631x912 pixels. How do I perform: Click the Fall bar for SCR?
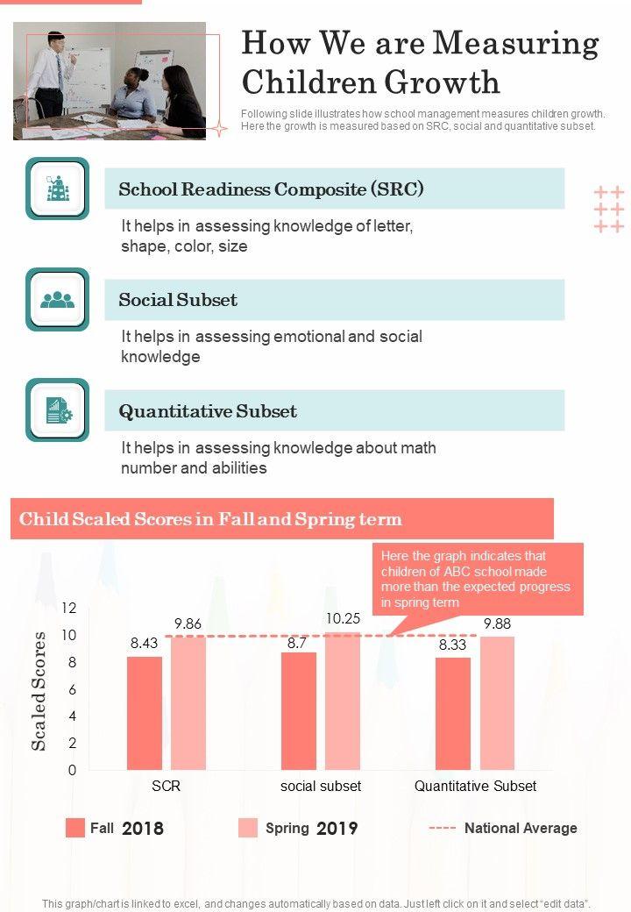pos(145,713)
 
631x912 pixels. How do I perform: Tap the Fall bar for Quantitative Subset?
pos(453,713)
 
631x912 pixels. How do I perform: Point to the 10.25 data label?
pos(343,618)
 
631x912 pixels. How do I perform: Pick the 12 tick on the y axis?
pos(69,608)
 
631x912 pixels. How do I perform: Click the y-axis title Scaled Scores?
pos(39,690)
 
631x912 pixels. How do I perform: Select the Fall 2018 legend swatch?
pos(75,828)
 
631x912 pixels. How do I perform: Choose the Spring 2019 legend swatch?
pos(248,828)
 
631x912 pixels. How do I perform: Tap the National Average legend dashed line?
pos(443,828)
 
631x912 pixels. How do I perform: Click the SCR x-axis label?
pos(166,787)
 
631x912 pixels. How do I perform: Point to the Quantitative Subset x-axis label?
pos(475,787)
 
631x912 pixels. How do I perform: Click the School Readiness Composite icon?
pos(58,189)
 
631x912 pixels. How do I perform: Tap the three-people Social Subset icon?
pos(58,299)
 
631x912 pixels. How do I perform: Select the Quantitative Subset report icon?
pos(58,410)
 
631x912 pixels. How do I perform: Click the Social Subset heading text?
pos(178,300)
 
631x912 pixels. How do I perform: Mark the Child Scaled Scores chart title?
pos(210,519)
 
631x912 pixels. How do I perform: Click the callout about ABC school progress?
pos(478,579)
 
